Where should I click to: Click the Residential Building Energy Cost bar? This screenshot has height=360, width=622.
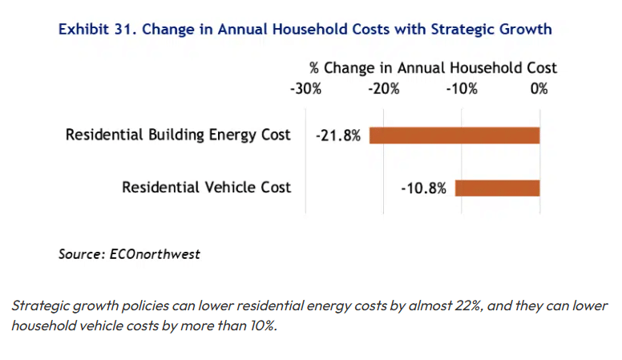point(454,135)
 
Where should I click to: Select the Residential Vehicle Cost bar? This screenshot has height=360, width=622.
point(498,188)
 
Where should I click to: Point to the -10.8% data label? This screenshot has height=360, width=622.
point(423,188)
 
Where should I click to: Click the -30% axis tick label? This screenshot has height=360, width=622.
point(305,88)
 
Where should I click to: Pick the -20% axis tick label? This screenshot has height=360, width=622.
point(384,88)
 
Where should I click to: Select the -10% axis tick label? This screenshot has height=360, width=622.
point(462,88)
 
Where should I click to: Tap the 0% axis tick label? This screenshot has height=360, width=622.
point(539,88)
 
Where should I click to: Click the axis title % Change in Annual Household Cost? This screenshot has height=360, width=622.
point(433,68)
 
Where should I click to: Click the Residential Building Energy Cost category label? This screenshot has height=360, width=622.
point(178,135)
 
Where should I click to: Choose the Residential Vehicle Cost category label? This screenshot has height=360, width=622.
point(206,188)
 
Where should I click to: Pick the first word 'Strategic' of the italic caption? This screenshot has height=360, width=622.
point(42,307)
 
